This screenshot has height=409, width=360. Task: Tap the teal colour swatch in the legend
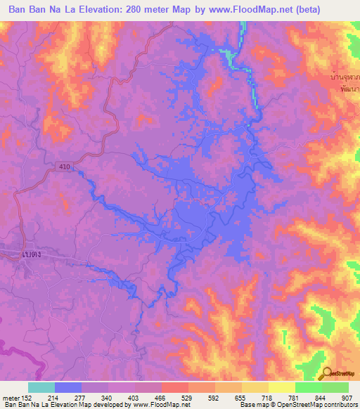[x=41, y=387]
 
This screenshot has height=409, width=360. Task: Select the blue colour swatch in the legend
[x=67, y=387]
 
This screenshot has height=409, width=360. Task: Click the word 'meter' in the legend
[x=9, y=397]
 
